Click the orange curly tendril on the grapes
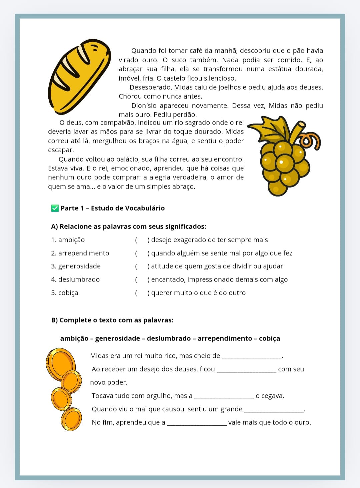[312, 140]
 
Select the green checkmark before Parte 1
[55, 208]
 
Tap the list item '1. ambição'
[68, 240]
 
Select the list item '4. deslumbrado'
[75, 279]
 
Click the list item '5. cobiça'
[65, 293]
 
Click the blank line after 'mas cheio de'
[252, 357]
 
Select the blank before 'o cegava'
[224, 397]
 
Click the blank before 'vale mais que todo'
[197, 424]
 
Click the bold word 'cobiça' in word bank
[269, 338]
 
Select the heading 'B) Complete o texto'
[112, 320]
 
